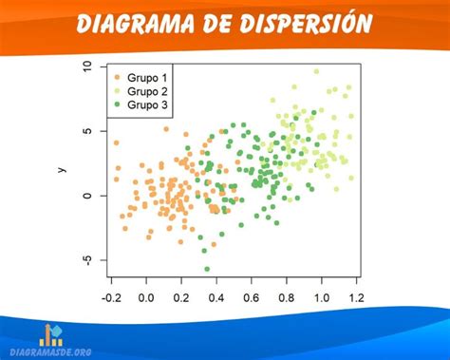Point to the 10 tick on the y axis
coord(88,66)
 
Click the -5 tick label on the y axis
coord(88,259)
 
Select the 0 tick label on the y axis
coord(88,196)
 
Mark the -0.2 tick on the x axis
coord(111,297)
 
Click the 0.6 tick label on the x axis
coord(252,297)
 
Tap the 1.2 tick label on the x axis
coord(356,297)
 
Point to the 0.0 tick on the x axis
coord(146,297)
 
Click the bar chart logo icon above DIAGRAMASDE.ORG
coord(52,333)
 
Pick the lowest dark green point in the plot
coord(207,269)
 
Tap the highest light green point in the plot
coord(316,71)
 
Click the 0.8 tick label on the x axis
coord(287,297)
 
